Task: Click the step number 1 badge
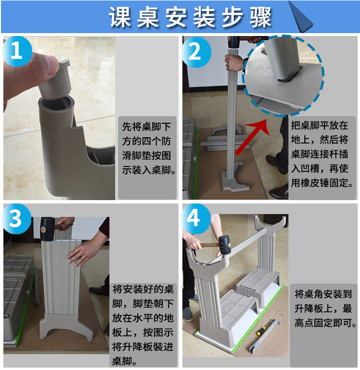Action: click(17, 51)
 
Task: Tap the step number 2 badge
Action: click(196, 52)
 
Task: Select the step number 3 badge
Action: click(16, 219)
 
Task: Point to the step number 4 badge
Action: click(195, 219)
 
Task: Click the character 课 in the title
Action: click(120, 17)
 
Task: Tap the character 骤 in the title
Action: click(260, 17)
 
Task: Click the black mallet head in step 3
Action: click(48, 229)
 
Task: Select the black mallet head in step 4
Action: click(224, 245)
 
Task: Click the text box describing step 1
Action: click(147, 157)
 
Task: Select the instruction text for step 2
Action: click(322, 154)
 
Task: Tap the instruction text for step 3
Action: click(143, 325)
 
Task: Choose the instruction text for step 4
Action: click(325, 309)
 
